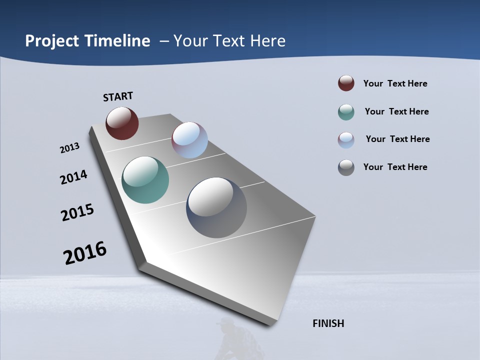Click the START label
(118, 96)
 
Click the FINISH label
(328, 323)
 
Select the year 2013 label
(69, 148)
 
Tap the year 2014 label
(73, 177)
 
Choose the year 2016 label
(85, 253)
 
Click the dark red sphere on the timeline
(122, 123)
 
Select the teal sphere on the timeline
(145, 180)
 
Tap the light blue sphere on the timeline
(189, 140)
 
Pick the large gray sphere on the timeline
(216, 207)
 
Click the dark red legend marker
(346, 83)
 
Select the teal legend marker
(346, 112)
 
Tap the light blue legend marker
(346, 140)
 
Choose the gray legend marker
(346, 167)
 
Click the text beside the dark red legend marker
(395, 83)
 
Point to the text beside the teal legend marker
(396, 111)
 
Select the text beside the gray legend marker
(395, 167)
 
